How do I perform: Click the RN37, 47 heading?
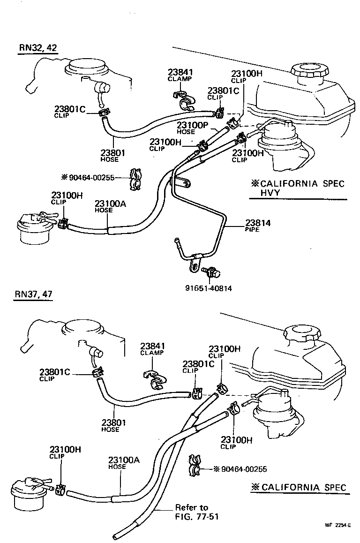pos(33,294)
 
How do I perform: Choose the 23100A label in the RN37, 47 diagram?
pos(124,460)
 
